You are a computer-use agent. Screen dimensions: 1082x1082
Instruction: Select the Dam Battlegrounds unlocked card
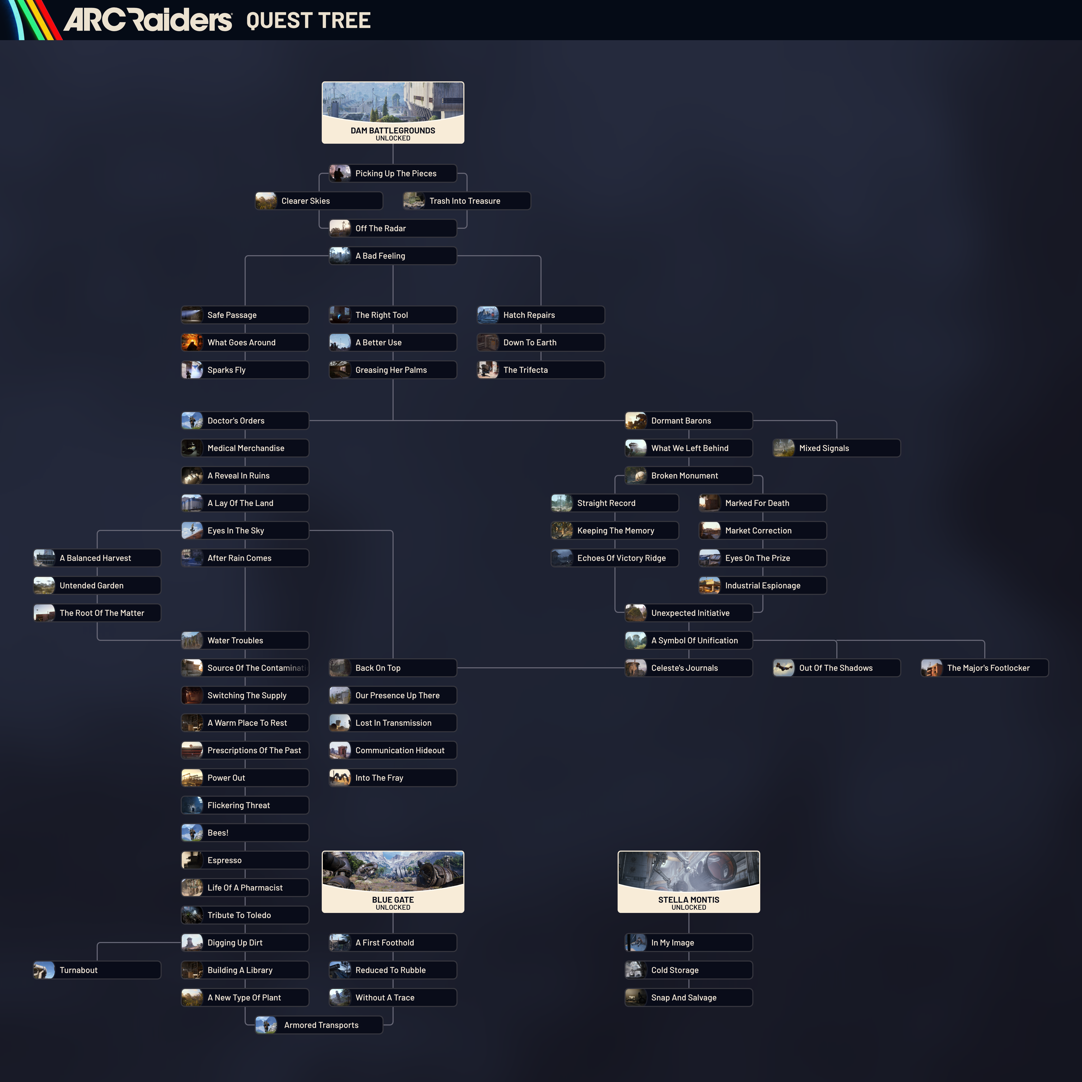[393, 113]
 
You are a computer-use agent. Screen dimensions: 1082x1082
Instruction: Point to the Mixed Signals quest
[836, 448]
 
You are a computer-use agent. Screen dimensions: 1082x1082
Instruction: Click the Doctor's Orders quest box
[245, 421]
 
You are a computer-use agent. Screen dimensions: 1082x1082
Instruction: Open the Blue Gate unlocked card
[393, 882]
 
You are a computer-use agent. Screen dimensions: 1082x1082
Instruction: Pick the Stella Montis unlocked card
[688, 882]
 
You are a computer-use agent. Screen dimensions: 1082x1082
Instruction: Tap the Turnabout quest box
[97, 970]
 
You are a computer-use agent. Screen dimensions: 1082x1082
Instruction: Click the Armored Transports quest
[319, 1025]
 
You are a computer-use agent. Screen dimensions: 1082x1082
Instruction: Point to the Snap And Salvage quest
[688, 997]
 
